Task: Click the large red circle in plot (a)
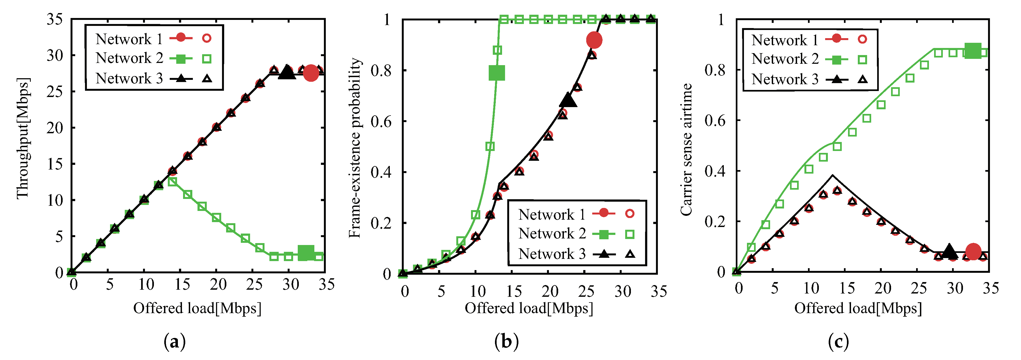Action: click(311, 73)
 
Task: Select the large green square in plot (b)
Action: click(497, 73)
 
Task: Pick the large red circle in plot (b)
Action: click(594, 40)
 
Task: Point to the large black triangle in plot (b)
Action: click(568, 100)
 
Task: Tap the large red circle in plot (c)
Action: click(973, 251)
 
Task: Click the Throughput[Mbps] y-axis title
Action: click(23, 138)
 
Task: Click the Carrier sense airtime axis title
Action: click(686, 149)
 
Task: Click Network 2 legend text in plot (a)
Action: click(129, 58)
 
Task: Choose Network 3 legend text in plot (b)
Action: click(552, 254)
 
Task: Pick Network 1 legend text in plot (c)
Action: click(785, 40)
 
